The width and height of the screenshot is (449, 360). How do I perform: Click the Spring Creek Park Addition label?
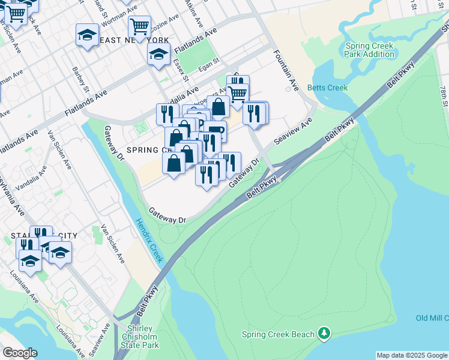coord(369,50)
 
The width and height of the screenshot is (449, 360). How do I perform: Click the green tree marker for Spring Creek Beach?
coord(324,333)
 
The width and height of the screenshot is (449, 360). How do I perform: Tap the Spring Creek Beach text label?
coord(279,334)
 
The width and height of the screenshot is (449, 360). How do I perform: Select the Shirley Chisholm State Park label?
coord(142,337)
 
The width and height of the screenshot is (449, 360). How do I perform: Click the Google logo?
coord(19,353)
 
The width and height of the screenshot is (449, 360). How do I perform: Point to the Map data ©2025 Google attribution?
coord(411,355)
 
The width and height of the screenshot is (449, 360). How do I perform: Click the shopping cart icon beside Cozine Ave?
coord(139,27)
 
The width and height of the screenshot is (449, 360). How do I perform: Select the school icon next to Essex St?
coord(158,54)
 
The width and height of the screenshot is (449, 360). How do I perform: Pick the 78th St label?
coord(442,96)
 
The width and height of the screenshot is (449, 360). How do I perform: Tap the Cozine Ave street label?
coord(164,20)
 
